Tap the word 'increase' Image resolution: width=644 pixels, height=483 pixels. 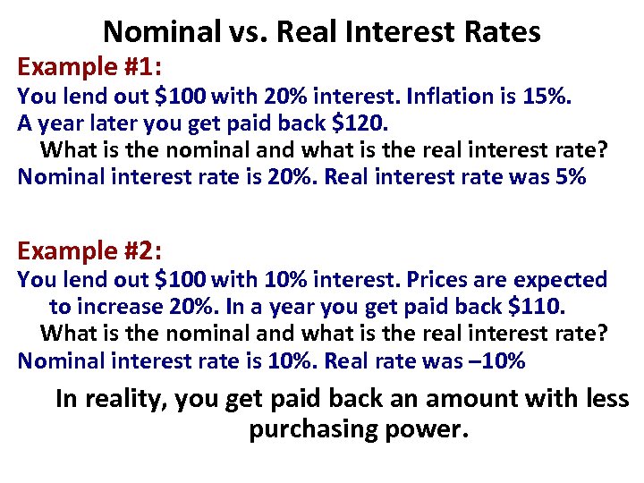click(x=119, y=307)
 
